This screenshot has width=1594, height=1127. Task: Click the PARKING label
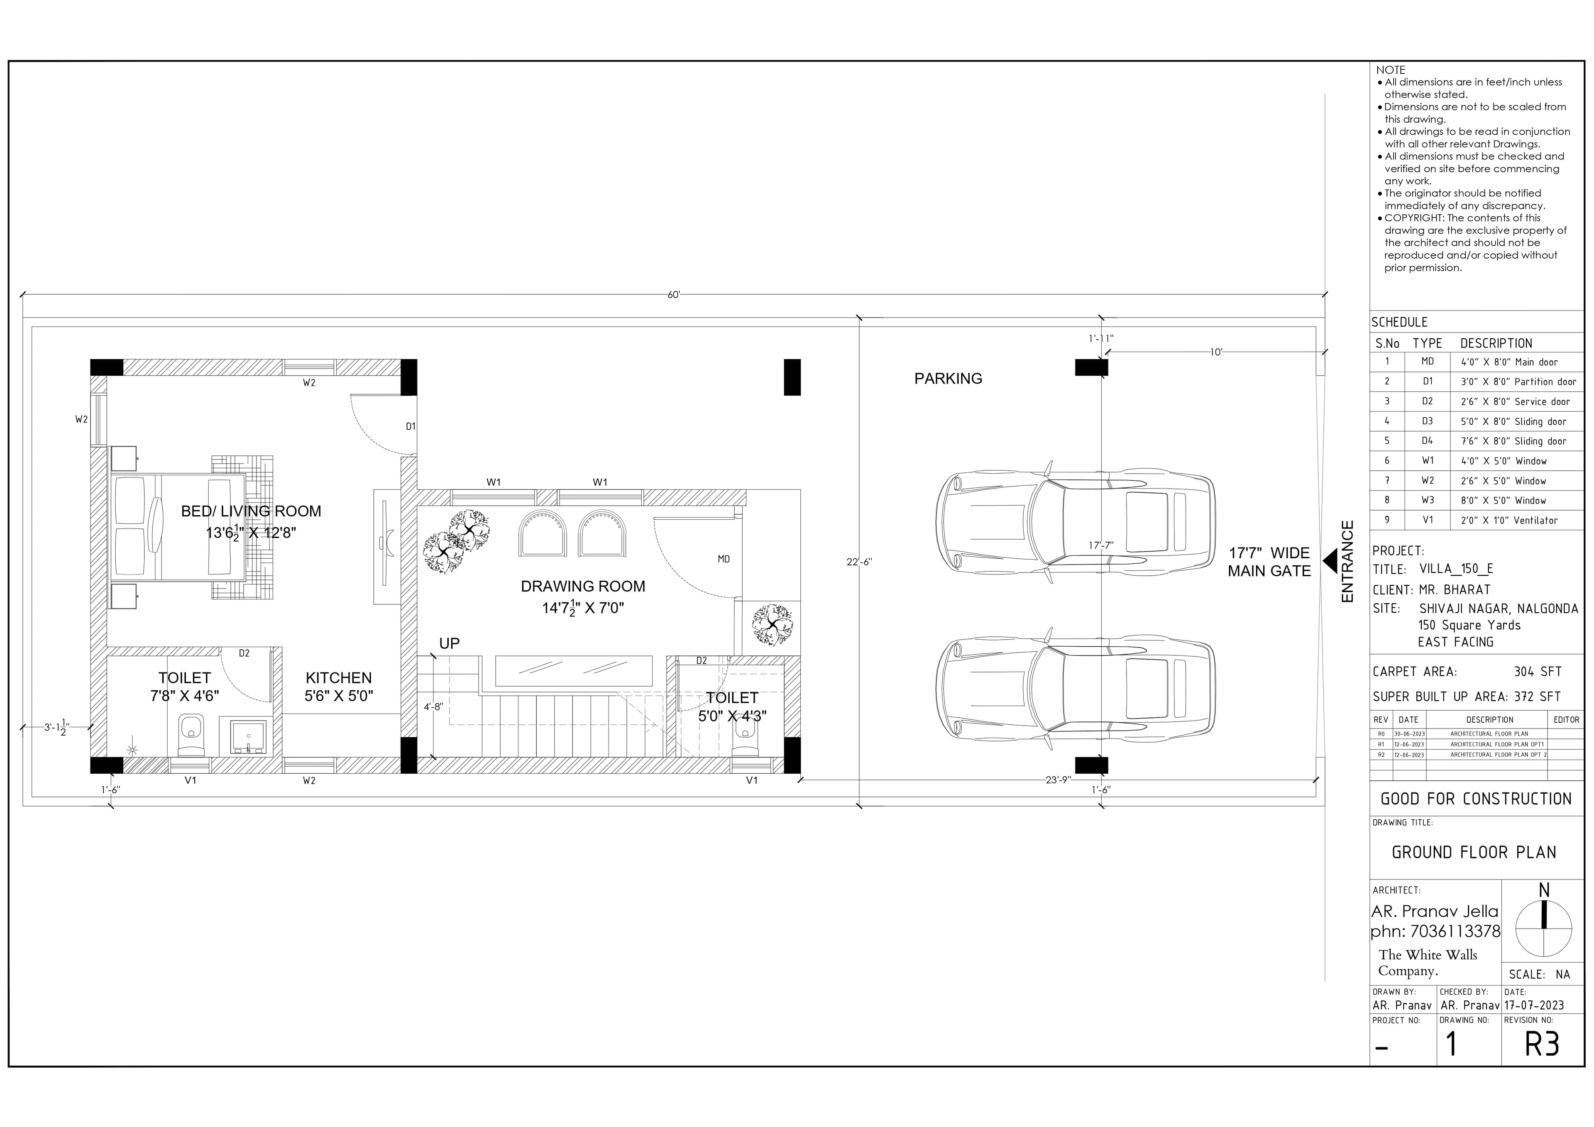click(948, 379)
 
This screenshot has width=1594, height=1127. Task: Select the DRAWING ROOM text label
click(582, 586)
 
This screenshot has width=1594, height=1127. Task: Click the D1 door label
click(410, 426)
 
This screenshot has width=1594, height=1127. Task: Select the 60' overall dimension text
click(673, 295)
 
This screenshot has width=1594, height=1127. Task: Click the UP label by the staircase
click(449, 643)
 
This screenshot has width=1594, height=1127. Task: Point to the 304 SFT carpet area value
click(1537, 672)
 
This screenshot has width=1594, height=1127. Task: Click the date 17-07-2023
click(1533, 1005)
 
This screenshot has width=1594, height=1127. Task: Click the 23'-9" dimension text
click(1058, 780)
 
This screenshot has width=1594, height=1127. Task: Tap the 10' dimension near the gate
click(1216, 352)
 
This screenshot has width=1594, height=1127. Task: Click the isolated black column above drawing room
click(792, 377)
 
